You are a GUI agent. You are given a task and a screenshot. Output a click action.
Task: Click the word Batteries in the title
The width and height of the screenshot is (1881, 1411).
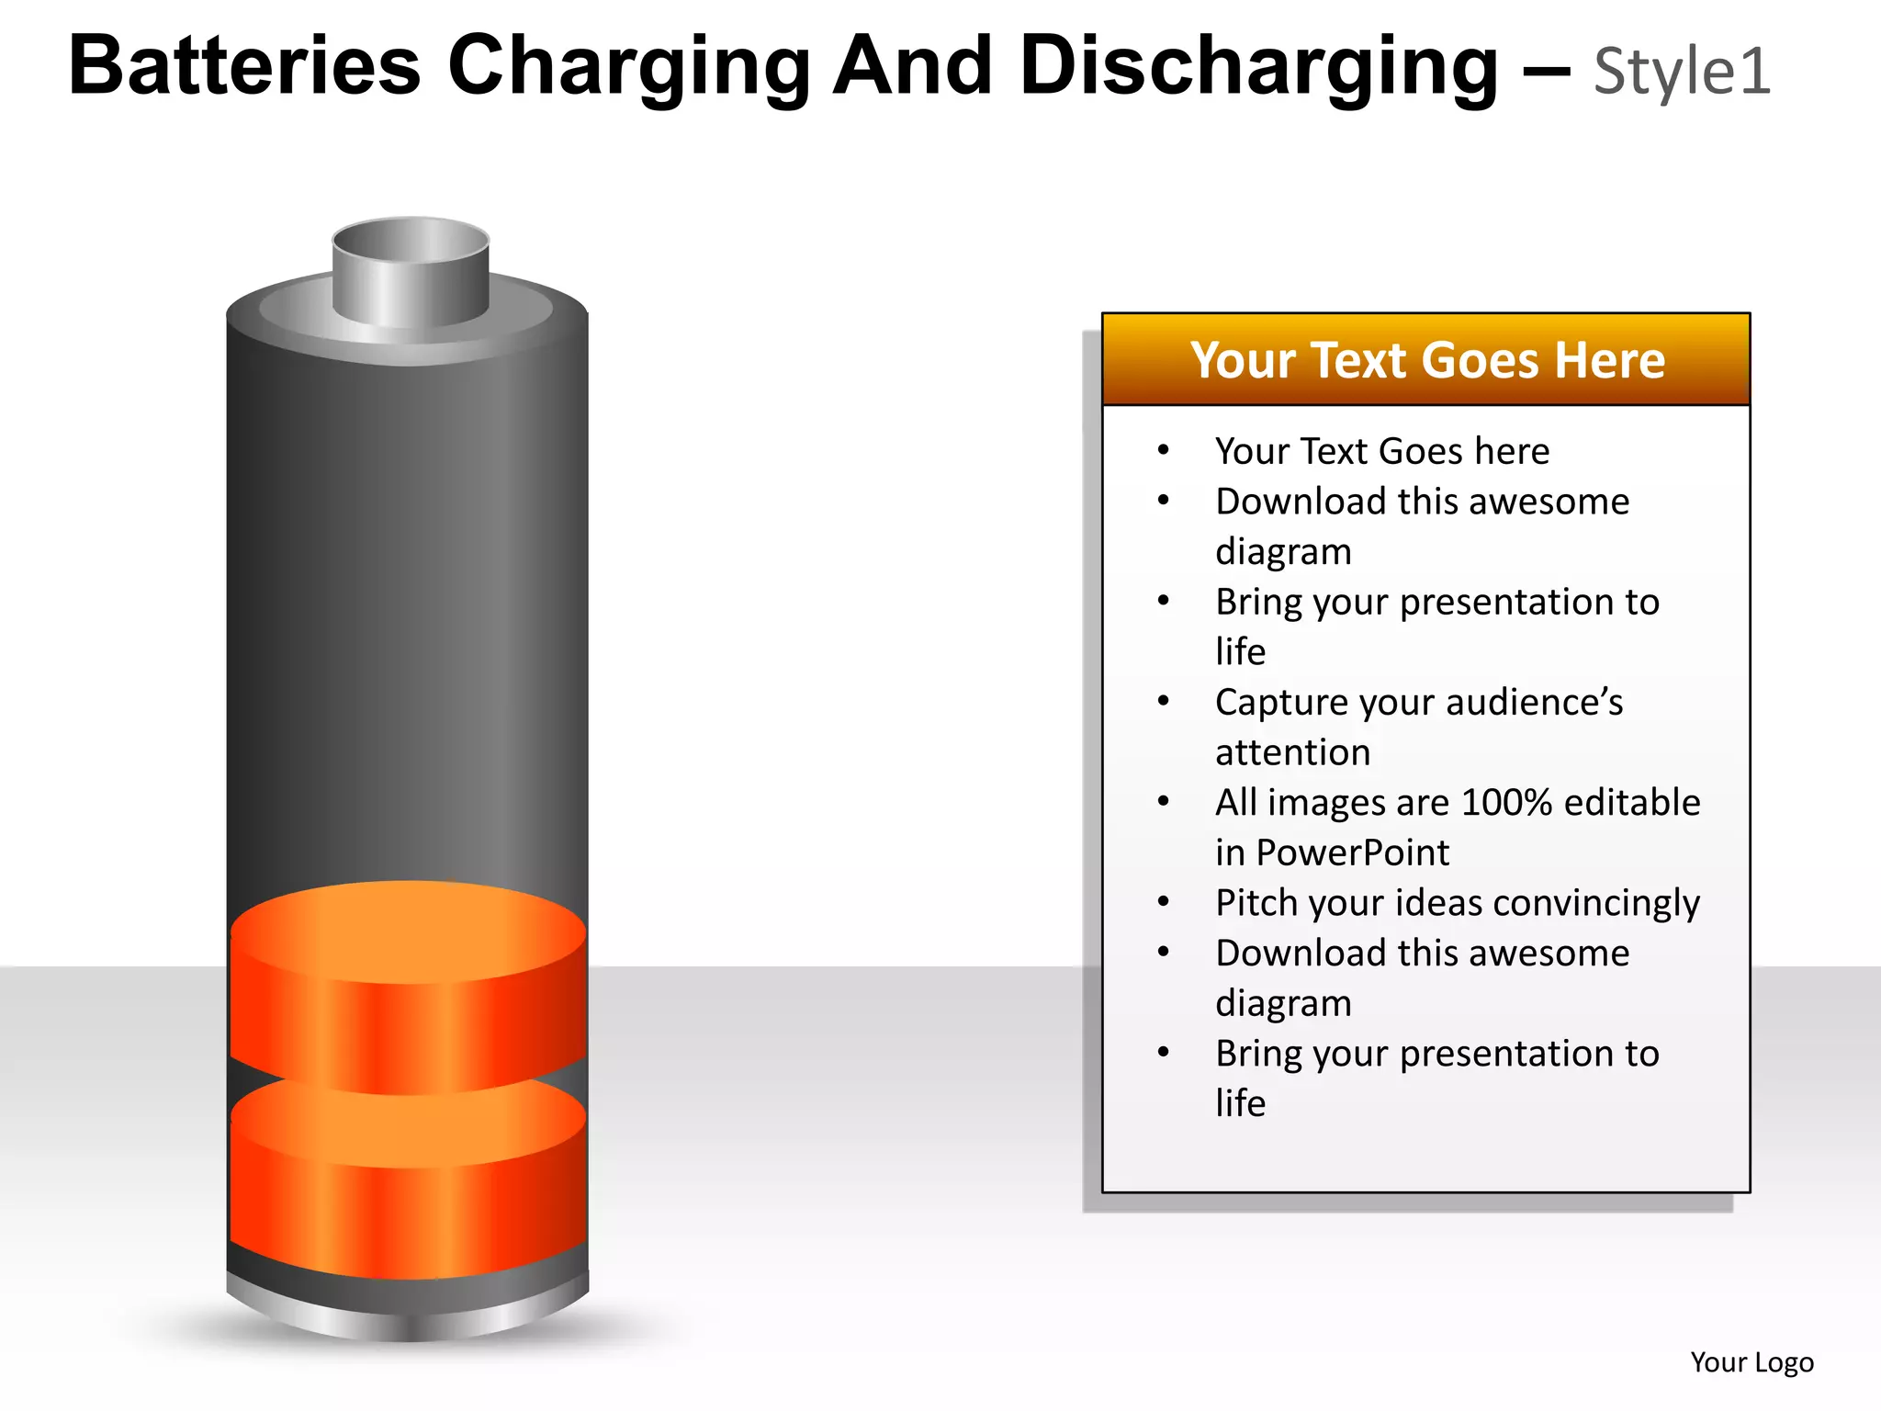click(244, 66)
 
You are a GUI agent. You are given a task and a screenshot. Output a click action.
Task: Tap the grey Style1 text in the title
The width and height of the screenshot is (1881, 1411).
click(1682, 72)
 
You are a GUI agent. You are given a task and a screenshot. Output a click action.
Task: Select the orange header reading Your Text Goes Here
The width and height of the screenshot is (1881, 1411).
click(1426, 360)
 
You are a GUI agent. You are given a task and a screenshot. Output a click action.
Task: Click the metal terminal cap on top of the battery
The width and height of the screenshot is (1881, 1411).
click(411, 273)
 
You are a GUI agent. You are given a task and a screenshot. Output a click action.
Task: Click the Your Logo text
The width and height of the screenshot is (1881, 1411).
click(1751, 1362)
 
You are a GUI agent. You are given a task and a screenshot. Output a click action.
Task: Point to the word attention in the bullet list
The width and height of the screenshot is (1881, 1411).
click(1292, 753)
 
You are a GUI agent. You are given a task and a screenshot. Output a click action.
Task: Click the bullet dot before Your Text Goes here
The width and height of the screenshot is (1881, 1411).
click(1164, 450)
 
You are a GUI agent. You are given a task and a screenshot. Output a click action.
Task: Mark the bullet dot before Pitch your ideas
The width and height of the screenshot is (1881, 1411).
click(1164, 902)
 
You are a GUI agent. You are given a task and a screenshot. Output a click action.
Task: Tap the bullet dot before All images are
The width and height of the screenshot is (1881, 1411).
click(1164, 802)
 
